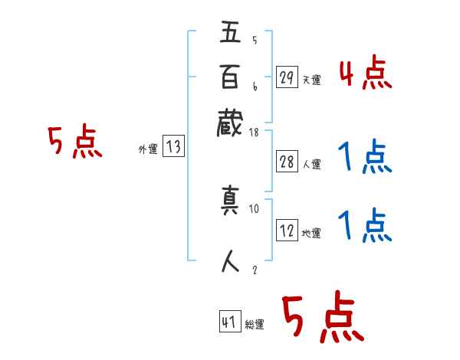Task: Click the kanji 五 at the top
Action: tap(231, 34)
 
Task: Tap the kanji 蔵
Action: tap(231, 122)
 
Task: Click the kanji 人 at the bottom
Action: tap(231, 261)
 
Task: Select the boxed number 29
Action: tap(287, 78)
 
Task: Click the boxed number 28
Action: tap(287, 162)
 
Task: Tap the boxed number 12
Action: tap(287, 231)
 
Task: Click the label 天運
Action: tap(311, 80)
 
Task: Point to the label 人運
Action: tap(311, 165)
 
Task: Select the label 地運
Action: tap(311, 233)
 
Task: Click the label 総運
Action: tap(255, 324)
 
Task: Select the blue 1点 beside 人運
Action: tap(365, 157)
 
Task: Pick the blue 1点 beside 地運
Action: tap(365, 227)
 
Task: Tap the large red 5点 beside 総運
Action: tap(323, 318)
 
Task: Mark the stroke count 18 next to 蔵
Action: tap(255, 133)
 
